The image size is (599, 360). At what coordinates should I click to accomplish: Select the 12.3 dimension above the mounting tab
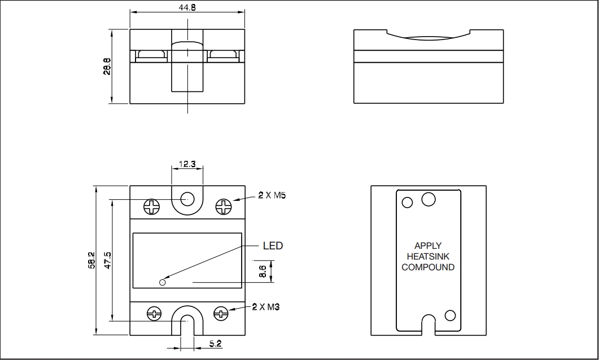(x=186, y=164)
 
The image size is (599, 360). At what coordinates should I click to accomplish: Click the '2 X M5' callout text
(x=272, y=195)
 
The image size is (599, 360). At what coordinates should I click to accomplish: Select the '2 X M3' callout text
(x=266, y=307)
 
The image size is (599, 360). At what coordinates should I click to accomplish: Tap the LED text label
(x=273, y=246)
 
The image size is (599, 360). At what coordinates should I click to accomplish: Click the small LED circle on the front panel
(x=163, y=282)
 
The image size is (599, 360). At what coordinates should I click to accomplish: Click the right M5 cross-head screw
(x=224, y=207)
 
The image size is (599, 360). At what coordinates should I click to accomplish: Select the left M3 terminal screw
(x=153, y=313)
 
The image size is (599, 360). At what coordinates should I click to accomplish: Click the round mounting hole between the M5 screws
(x=187, y=199)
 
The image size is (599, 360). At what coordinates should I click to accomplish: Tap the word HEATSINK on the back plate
(x=427, y=256)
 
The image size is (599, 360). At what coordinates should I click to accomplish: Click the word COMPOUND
(x=427, y=267)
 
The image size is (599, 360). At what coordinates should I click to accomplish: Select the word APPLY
(x=428, y=246)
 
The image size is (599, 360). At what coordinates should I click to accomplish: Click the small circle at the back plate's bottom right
(x=450, y=315)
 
